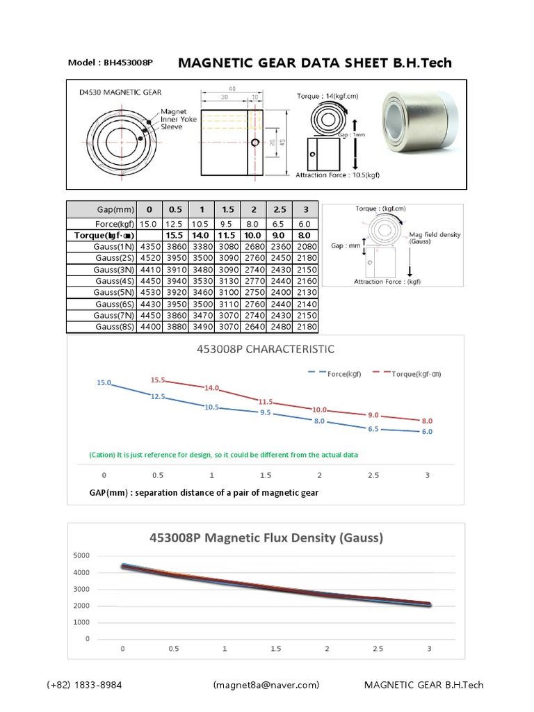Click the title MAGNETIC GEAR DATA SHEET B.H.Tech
click(315, 63)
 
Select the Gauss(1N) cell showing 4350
click(150, 246)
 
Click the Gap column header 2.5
click(280, 209)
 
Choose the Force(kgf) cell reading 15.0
click(148, 224)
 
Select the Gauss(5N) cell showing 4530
click(150, 293)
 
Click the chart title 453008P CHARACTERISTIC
click(266, 348)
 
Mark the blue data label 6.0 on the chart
click(426, 432)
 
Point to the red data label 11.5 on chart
click(266, 402)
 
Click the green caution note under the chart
click(223, 455)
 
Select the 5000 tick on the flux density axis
click(81, 556)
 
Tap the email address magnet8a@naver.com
click(266, 685)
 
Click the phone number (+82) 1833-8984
click(85, 685)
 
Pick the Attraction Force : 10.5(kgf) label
click(338, 175)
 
